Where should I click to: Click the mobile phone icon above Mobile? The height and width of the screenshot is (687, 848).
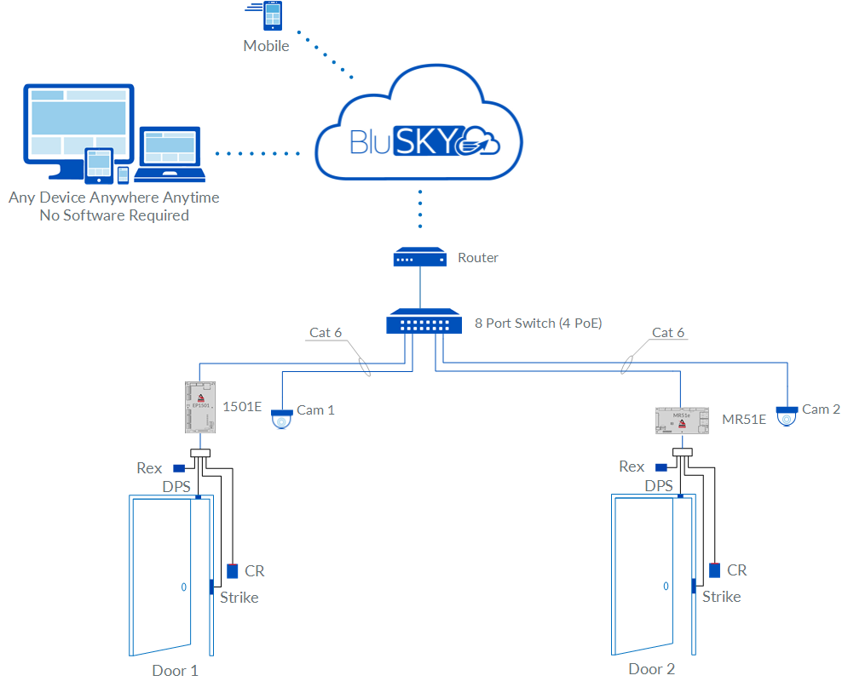pyautogui.click(x=273, y=17)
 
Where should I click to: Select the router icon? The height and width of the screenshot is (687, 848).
pyautogui.click(x=420, y=257)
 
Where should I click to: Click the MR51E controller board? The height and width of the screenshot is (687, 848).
pyautogui.click(x=682, y=420)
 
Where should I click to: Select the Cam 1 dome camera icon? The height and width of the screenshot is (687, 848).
pyautogui.click(x=281, y=419)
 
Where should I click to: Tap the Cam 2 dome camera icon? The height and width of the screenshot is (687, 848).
pyautogui.click(x=787, y=416)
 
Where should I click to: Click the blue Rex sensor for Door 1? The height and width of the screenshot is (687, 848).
pyautogui.click(x=179, y=468)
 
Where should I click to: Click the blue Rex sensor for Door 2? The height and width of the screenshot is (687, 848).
pyautogui.click(x=661, y=467)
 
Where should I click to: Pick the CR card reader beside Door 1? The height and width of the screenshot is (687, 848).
pyautogui.click(x=233, y=571)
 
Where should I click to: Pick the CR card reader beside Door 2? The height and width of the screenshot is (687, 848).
pyautogui.click(x=714, y=570)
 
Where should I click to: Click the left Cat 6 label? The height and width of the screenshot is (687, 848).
pyautogui.click(x=326, y=332)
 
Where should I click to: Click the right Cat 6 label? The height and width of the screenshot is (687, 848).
pyautogui.click(x=668, y=332)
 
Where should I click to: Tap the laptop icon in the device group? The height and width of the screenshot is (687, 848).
pyautogui.click(x=171, y=155)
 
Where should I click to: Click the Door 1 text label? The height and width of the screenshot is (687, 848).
pyautogui.click(x=175, y=670)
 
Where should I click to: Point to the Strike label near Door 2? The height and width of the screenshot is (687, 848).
pyautogui.click(x=721, y=597)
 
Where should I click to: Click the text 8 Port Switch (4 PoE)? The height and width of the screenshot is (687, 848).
pyautogui.click(x=539, y=323)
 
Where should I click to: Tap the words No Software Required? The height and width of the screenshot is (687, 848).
pyautogui.click(x=114, y=215)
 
